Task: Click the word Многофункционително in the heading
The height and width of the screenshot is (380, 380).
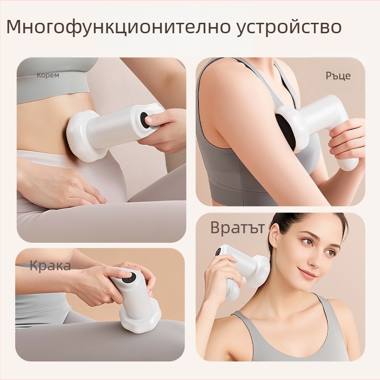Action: pyautogui.click(x=118, y=27)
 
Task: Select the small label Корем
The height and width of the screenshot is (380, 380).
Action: pyautogui.click(x=48, y=75)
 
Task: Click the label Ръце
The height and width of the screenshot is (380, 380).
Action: pyautogui.click(x=338, y=76)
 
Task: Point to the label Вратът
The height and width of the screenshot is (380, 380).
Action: pyautogui.click(x=237, y=228)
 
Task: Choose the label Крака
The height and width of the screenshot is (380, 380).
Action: pyautogui.click(x=50, y=266)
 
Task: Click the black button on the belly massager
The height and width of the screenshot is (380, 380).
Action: pyautogui.click(x=145, y=120)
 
